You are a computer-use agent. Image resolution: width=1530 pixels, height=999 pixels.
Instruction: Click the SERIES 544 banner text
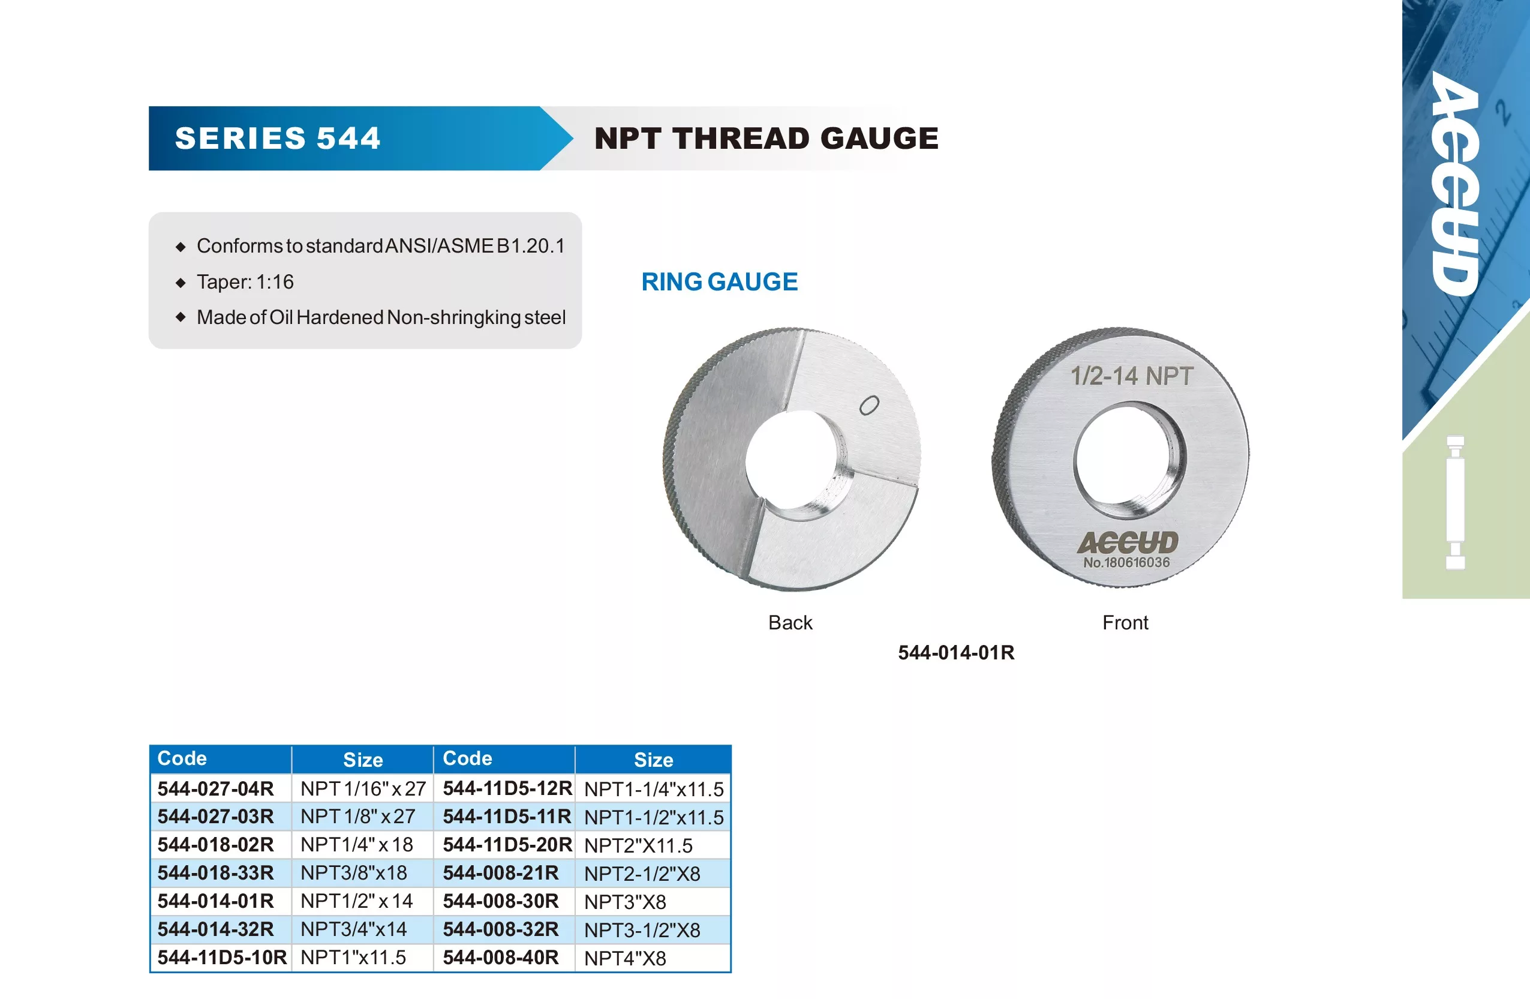click(278, 139)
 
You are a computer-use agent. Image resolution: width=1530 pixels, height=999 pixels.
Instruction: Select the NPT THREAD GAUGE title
click(766, 139)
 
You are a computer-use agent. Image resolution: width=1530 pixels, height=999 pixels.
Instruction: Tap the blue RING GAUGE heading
click(719, 282)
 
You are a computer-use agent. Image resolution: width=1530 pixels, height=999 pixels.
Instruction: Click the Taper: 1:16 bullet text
click(245, 282)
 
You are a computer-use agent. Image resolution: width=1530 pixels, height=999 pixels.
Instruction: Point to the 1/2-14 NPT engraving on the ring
click(1131, 376)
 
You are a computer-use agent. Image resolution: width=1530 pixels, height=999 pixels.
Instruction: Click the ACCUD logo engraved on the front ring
click(1128, 542)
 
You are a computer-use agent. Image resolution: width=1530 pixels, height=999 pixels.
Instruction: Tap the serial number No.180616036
click(1126, 562)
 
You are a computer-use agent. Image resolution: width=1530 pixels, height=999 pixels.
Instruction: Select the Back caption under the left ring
click(790, 622)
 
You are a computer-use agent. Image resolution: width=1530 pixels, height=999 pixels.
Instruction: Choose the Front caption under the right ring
click(1125, 622)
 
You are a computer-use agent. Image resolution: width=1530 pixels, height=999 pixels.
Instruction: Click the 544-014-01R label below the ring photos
click(956, 652)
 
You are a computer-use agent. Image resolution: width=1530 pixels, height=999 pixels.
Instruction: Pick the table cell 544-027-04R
click(215, 788)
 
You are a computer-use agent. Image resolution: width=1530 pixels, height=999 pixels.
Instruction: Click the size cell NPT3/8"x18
click(354, 872)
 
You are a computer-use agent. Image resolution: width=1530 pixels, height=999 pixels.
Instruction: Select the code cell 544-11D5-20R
click(507, 844)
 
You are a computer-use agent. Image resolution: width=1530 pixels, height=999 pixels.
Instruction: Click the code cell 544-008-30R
click(501, 901)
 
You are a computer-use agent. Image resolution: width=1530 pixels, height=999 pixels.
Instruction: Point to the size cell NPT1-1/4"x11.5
click(654, 788)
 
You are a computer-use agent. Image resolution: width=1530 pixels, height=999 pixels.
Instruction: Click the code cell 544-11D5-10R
click(222, 957)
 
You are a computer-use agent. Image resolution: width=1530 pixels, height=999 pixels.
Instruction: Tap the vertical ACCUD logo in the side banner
click(1456, 184)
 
